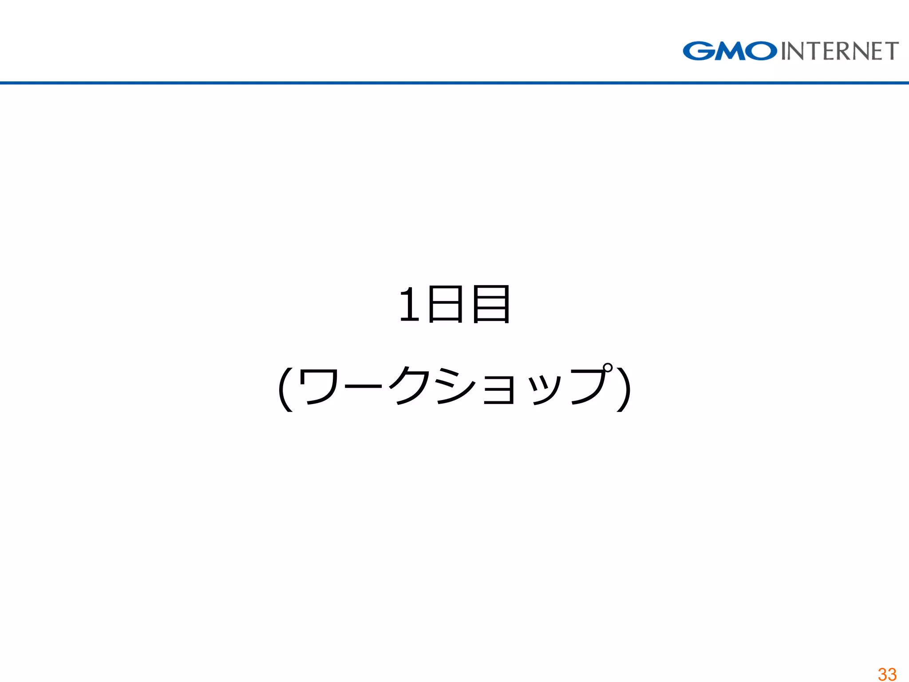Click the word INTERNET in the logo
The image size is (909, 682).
pos(840,51)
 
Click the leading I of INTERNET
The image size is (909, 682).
pos(784,51)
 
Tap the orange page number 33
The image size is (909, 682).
pos(887,674)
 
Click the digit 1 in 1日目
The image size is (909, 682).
pos(409,305)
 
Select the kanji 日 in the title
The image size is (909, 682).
pos(446,305)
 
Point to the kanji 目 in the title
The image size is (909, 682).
pos(491,305)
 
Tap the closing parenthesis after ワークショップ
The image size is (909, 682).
pos(623,389)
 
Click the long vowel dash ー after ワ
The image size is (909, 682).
pos(362,386)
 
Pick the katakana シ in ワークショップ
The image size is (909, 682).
pos(455,386)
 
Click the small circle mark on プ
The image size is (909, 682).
pos(607,368)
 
